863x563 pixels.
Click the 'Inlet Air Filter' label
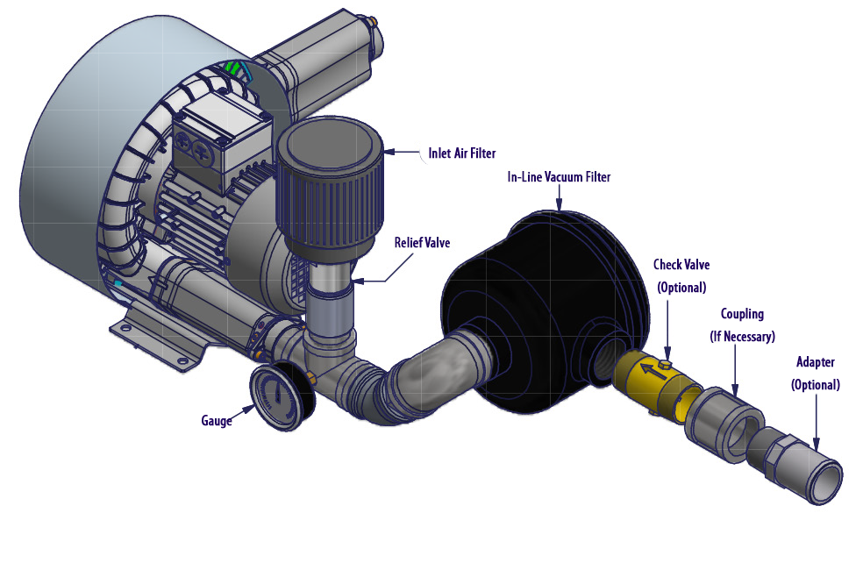coord(462,153)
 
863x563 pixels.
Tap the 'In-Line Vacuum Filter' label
coord(559,177)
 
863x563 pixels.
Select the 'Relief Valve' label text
coord(422,243)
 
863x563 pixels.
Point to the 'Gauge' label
coord(217,421)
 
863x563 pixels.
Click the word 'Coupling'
coord(743,314)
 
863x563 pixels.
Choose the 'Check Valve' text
coord(681,265)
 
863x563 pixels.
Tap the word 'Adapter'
coord(816,362)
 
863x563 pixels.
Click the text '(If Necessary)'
coord(743,336)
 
